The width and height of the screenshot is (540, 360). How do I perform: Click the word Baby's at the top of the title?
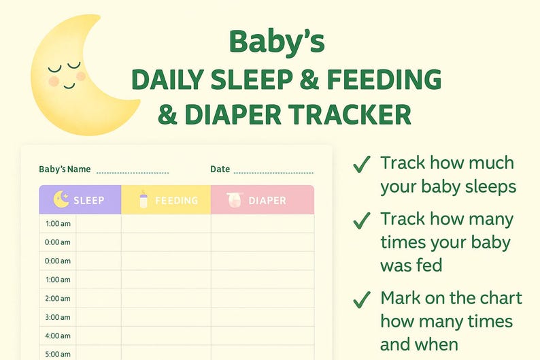point(277,42)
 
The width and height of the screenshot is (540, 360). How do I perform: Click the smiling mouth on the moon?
point(69,86)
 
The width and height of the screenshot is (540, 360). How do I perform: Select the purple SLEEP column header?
point(80,200)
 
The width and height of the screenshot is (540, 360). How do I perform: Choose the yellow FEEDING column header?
point(166,200)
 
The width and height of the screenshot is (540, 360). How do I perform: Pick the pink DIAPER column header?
point(263,200)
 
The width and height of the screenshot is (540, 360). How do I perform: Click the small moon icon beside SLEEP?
point(61,199)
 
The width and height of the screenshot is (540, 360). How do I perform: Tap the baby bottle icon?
point(144,199)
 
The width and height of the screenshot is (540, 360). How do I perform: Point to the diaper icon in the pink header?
point(235,199)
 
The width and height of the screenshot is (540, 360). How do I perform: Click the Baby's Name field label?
point(65,169)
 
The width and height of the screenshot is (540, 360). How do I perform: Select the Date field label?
point(220,169)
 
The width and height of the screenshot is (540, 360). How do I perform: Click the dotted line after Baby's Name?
point(132,173)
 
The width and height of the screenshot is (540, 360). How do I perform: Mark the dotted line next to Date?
point(273,173)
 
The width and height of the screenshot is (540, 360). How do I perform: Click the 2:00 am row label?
point(57,298)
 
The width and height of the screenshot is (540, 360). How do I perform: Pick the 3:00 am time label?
point(57,317)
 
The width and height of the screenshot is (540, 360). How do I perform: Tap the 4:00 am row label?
point(57,336)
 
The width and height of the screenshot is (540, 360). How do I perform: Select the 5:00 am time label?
point(57,354)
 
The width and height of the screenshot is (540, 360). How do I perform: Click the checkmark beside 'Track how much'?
point(362,164)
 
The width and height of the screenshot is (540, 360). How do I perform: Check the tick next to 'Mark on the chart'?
point(362,299)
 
